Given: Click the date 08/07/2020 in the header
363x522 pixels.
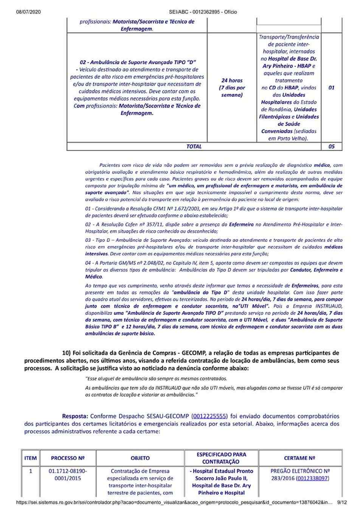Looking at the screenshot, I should point(28,12).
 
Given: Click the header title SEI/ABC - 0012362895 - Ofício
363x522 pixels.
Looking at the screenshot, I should point(203,12).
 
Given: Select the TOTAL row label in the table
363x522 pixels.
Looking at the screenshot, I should point(194,146).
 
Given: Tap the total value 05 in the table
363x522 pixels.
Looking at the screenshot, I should point(331,146).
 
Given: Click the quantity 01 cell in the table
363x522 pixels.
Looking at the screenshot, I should point(331,87).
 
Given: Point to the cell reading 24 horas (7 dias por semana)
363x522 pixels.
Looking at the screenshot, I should point(232,87).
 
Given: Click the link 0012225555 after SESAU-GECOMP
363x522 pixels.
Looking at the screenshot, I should point(209,416).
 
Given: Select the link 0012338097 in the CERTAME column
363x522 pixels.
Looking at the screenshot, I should point(313,478).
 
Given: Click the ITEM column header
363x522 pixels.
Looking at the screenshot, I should point(31,458).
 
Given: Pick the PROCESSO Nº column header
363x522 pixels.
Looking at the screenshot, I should point(68,458).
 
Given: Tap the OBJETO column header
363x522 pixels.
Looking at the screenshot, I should point(140,458).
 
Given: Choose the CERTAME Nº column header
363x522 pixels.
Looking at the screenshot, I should point(300,458).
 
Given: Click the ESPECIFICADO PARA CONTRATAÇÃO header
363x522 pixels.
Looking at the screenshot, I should point(222,458).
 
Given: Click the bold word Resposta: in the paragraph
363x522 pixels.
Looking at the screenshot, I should point(75,416).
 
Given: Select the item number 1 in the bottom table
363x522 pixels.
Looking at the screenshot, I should point(31,471).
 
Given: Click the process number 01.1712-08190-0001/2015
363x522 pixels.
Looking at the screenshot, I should point(68,475).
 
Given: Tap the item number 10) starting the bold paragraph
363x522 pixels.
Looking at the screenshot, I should point(67,353).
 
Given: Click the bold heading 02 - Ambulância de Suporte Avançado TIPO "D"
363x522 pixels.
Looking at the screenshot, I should point(138,62).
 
